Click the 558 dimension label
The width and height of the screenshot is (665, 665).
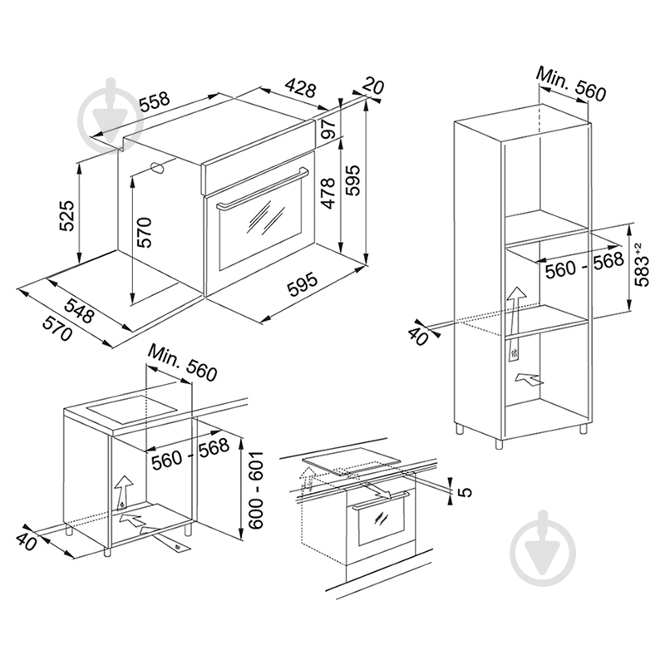pos(155,101)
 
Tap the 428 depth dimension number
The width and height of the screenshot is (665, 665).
pos(301,87)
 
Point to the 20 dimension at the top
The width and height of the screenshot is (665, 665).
pos(373,86)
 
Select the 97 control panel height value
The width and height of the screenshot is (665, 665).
pos(328,128)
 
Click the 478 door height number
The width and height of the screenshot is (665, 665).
pos(328,194)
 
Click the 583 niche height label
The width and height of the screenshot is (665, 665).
pos(640,264)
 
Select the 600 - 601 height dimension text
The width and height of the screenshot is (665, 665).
pos(256,490)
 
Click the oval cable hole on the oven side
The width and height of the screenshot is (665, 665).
pos(158,168)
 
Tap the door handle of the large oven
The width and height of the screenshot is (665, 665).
pos(264,188)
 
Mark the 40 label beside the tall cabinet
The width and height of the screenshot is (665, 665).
pos(418,337)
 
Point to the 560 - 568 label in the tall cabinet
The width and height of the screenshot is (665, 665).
pos(584,265)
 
